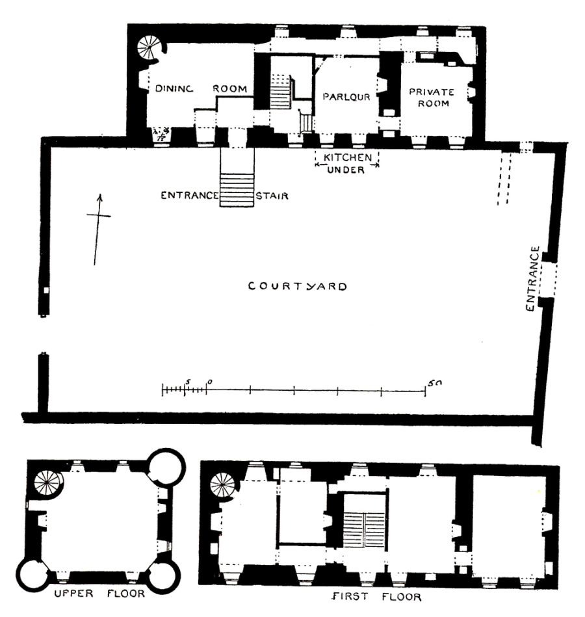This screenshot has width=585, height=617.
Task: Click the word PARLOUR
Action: [x=346, y=97]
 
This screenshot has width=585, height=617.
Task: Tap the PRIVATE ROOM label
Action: [x=430, y=98]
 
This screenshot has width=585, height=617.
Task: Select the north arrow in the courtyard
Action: [x=97, y=228]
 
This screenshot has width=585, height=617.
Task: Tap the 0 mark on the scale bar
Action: [x=209, y=382]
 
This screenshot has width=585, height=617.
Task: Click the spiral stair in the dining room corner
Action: [x=149, y=47]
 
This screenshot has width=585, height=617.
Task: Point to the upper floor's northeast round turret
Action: [x=166, y=466]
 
